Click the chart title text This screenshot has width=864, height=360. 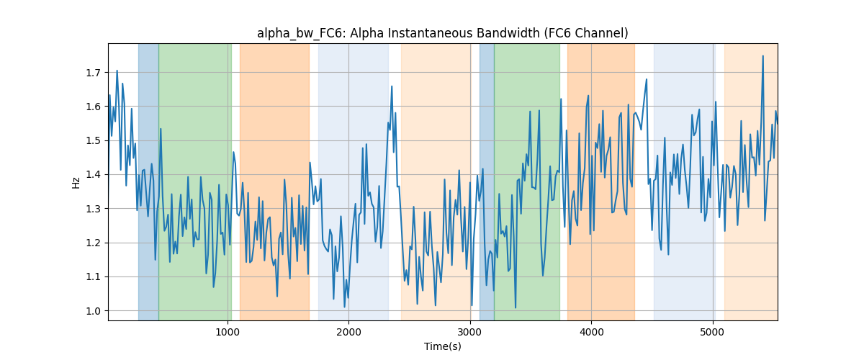coord(442,34)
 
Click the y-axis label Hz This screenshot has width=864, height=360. coord(76,183)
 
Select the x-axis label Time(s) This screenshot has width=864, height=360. coord(442,346)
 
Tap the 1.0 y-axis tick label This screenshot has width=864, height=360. coord(93,311)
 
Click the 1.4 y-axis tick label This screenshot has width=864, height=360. coord(93,175)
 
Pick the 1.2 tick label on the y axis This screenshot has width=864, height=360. coord(93,243)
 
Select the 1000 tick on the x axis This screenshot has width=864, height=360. coord(228,332)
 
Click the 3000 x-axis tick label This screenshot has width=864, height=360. coord(470,332)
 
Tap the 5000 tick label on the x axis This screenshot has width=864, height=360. coord(712,332)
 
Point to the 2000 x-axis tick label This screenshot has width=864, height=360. coord(348,332)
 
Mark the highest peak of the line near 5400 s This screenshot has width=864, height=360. coord(762,56)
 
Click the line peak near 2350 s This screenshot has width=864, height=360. coord(392,86)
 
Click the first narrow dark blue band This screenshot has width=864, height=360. coord(148,181)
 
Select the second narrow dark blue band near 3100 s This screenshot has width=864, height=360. coord(487,181)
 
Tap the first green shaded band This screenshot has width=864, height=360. coord(195,181)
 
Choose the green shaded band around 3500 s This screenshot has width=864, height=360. coord(527,181)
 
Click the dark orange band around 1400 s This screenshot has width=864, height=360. coord(274,181)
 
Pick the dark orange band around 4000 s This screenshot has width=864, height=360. coord(601,181)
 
